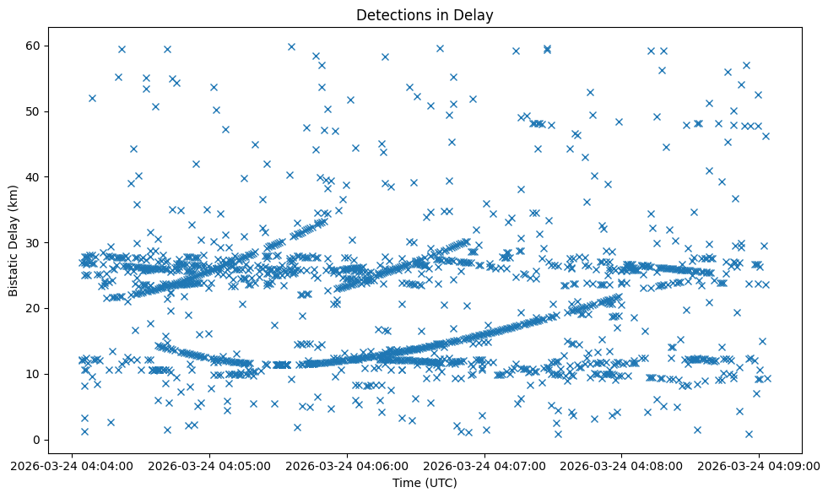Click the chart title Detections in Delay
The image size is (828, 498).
[425, 15]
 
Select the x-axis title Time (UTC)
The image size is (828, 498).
[425, 483]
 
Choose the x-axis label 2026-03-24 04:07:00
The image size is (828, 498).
[485, 465]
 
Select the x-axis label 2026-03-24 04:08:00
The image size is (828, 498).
[623, 465]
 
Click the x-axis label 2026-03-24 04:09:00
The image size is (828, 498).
[760, 465]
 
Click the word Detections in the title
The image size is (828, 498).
[394, 15]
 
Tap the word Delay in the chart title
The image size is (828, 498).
[476, 15]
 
